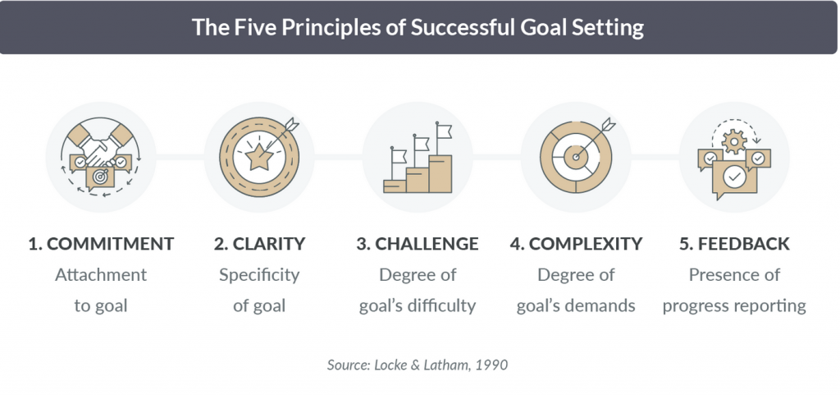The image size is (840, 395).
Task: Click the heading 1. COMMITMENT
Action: click(x=101, y=244)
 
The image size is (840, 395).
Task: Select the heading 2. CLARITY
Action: click(x=259, y=244)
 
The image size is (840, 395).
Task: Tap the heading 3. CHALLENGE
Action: click(x=418, y=244)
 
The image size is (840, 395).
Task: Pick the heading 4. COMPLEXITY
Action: click(x=576, y=244)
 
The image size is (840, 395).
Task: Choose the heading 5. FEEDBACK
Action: click(x=734, y=244)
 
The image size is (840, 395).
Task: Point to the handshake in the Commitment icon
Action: click(x=101, y=149)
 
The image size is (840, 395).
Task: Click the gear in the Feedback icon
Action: click(x=734, y=141)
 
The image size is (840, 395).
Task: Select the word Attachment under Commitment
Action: click(x=101, y=275)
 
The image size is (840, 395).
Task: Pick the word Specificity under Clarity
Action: click(x=259, y=276)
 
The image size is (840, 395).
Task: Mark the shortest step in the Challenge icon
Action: click(x=395, y=186)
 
